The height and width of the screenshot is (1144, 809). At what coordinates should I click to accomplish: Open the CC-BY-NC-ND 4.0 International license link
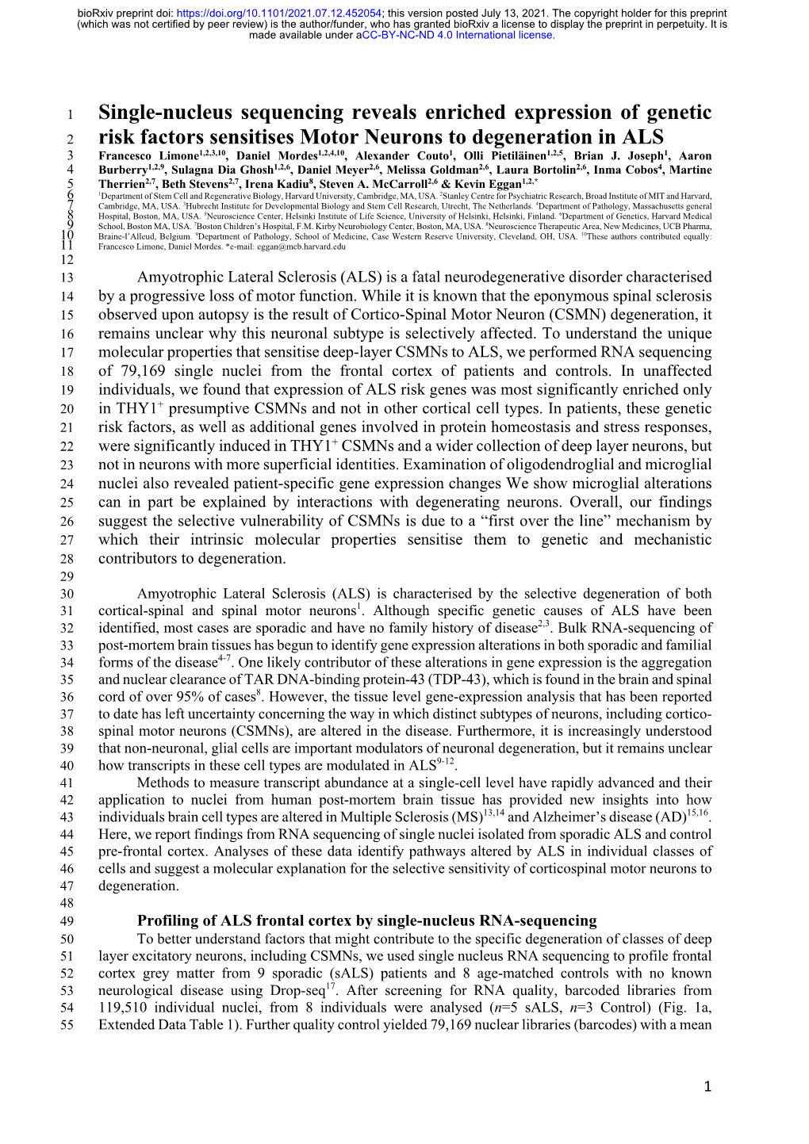click(458, 35)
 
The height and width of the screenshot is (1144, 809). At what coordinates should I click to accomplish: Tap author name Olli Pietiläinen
click(504, 156)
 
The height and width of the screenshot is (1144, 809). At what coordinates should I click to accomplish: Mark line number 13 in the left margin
click(67, 277)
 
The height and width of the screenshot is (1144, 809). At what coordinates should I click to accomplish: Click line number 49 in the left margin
click(67, 921)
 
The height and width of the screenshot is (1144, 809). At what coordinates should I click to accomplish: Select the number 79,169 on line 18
click(143, 371)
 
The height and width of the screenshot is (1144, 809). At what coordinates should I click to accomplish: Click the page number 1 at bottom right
click(708, 1087)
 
